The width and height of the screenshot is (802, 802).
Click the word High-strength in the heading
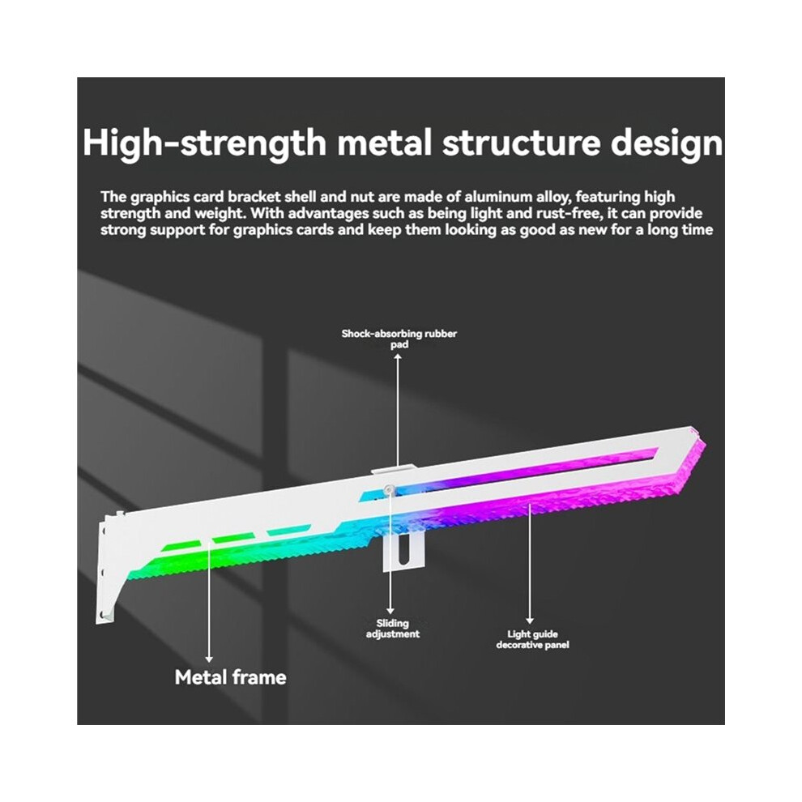(204, 143)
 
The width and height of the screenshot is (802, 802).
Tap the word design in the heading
(666, 143)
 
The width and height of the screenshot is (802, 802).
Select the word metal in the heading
(384, 143)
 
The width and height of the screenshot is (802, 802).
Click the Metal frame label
(230, 677)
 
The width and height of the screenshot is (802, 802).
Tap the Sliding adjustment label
(392, 629)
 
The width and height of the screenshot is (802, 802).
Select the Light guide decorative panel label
(532, 639)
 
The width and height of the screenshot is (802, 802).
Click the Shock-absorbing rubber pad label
(399, 339)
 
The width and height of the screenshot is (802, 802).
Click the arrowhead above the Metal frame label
(209, 659)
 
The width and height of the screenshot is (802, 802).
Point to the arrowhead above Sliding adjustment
(390, 611)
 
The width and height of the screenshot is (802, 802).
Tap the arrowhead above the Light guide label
(530, 621)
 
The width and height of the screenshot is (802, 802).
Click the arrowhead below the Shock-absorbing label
(398, 356)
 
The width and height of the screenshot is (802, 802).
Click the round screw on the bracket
(389, 489)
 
